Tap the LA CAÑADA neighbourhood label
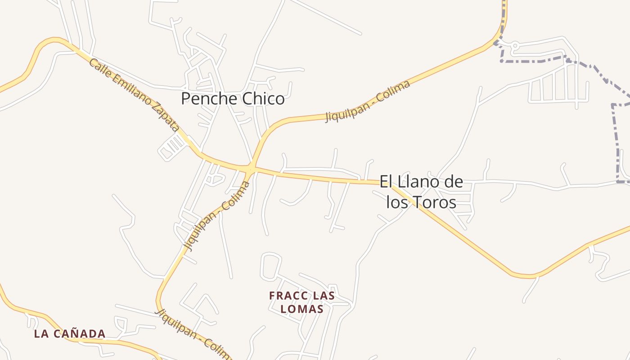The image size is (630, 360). pos(70,334)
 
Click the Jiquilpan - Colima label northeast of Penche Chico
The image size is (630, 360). pos(368,101)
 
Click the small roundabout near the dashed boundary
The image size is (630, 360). pos(515,45)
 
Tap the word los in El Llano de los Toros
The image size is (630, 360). pos(396,202)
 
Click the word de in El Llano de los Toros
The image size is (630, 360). pos(453,182)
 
